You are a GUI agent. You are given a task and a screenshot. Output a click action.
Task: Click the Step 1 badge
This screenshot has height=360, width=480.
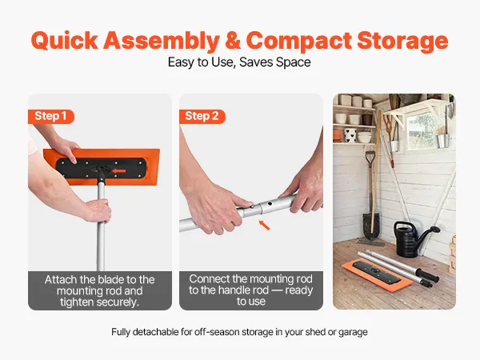(x=51, y=116)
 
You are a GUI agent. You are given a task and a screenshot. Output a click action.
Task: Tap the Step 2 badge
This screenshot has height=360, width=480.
(x=202, y=116)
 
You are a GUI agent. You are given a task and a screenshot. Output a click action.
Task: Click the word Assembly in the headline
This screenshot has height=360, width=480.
(x=162, y=41)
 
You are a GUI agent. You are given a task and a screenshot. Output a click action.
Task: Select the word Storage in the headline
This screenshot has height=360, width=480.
(x=402, y=42)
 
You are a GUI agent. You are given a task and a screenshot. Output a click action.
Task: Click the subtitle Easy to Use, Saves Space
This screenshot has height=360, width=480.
(x=239, y=62)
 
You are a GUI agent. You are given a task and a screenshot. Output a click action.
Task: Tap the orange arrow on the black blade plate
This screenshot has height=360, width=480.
(x=119, y=171)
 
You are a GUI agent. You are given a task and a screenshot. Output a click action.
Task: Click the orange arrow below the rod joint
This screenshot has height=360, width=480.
(x=264, y=225)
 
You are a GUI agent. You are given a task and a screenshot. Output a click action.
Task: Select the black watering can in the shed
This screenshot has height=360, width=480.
(x=414, y=239)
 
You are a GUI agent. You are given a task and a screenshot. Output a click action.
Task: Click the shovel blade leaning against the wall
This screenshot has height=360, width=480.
(x=371, y=225)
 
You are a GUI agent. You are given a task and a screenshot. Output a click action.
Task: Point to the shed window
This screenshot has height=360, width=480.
(x=422, y=130)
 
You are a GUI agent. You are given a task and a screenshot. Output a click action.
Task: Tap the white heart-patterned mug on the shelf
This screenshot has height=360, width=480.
(x=350, y=135)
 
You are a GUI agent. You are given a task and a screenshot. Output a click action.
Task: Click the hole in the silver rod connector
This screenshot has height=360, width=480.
(x=269, y=202)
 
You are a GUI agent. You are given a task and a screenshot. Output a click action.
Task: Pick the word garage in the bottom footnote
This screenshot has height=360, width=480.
(x=353, y=333)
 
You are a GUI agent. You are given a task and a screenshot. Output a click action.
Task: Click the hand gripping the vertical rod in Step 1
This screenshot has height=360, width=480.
(x=98, y=210)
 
